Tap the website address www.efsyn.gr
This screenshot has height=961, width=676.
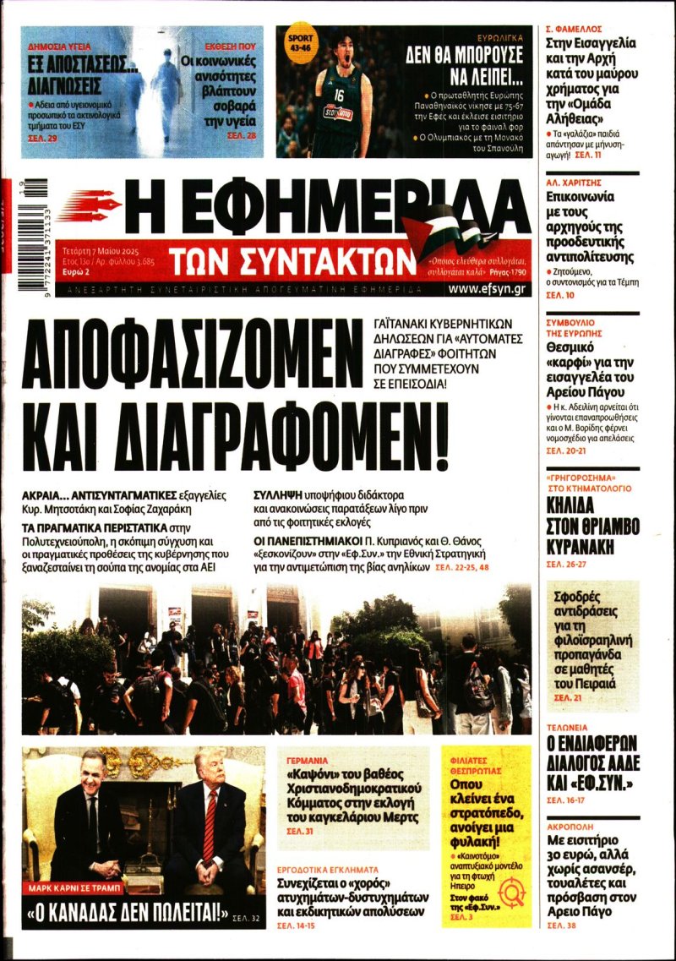(x=488, y=289)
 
